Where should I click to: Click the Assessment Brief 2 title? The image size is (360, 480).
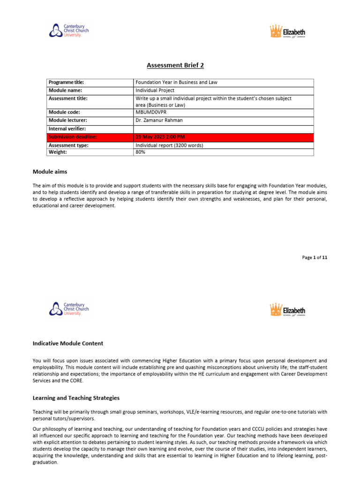[x=180, y=65]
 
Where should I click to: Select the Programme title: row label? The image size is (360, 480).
[x=66, y=82]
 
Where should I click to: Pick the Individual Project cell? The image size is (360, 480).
[x=155, y=90]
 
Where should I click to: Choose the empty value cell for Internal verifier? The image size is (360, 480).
[x=223, y=128]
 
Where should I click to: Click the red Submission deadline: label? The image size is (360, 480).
[x=73, y=137]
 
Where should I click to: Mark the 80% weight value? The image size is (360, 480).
[x=141, y=152]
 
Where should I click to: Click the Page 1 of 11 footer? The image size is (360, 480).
[x=315, y=257]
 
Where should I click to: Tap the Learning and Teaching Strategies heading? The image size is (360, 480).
[x=76, y=398]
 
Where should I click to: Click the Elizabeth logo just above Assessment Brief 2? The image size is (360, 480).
[x=287, y=32]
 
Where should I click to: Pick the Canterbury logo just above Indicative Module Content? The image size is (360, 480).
[x=69, y=309]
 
